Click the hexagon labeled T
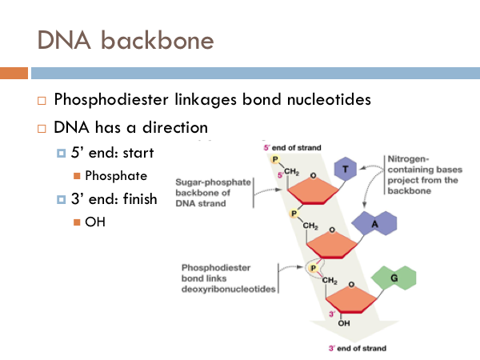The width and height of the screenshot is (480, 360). [344, 170]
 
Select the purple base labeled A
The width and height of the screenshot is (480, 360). [374, 226]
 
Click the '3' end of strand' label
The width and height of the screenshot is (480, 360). [357, 348]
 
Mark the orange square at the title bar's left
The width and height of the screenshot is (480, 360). [14, 74]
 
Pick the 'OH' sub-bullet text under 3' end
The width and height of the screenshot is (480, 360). [95, 222]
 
